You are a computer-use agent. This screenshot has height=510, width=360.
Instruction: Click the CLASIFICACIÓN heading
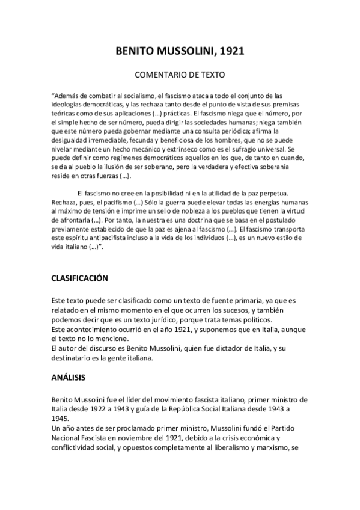coord(79,279)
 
